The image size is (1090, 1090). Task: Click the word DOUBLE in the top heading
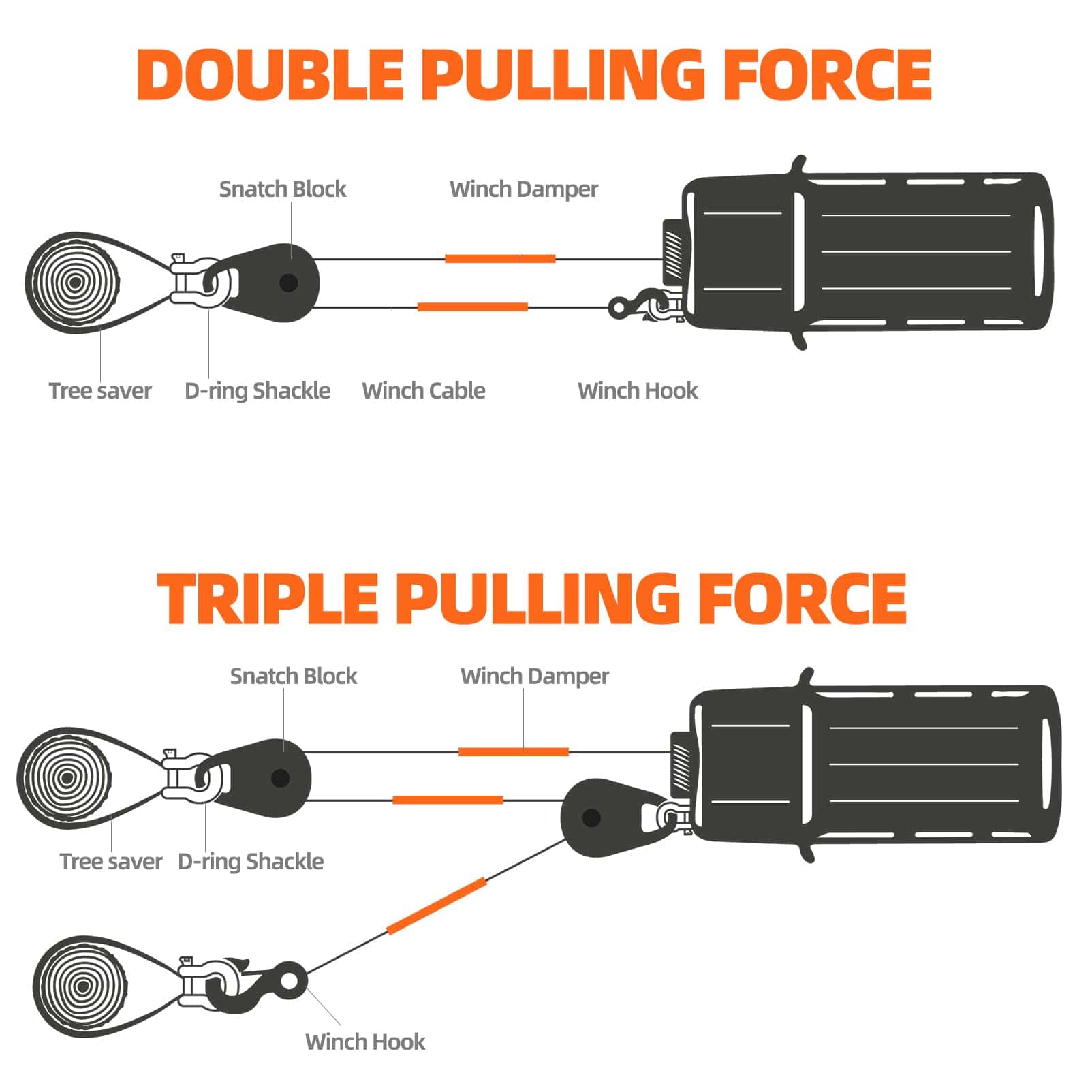coord(271,75)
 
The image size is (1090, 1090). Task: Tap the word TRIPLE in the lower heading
coord(268,597)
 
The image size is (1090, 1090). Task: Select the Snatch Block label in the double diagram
coord(283,189)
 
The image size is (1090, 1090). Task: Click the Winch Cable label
coord(424,390)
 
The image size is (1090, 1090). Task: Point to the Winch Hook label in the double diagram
coord(638,390)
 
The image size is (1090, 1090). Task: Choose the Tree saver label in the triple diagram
coord(111,861)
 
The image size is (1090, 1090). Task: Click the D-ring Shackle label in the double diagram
coord(258,391)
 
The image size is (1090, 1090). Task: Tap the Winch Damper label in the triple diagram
coord(535,676)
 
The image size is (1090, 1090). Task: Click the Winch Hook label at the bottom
coord(365,1042)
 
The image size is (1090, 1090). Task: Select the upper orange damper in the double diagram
coord(500,259)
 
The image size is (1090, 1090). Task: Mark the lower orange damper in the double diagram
coord(472,307)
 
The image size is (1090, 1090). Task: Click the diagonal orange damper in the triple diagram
coord(437,907)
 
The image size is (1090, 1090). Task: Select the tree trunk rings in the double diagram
coord(72,282)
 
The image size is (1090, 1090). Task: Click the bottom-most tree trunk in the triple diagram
coord(81,986)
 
